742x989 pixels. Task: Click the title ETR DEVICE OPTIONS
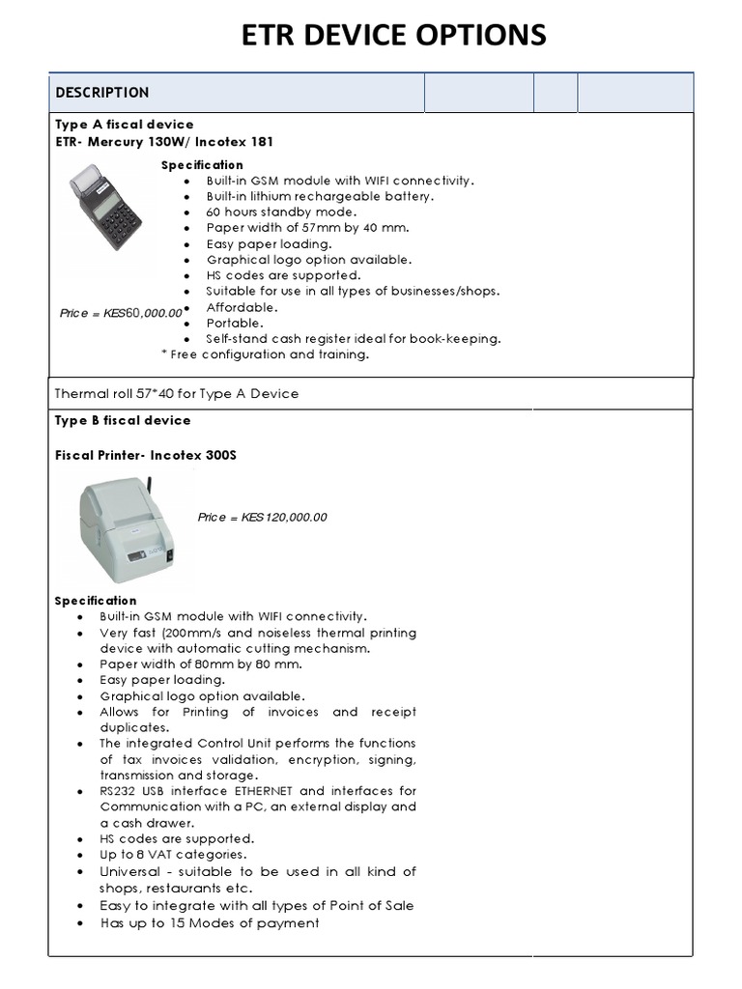393,35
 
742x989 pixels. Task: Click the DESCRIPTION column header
102,93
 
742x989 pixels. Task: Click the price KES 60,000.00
121,313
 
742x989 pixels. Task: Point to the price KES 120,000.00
262,518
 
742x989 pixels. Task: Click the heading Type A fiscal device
124,125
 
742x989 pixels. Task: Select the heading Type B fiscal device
123,421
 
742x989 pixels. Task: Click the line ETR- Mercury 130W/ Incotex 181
164,142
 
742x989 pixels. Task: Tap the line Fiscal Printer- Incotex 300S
146,456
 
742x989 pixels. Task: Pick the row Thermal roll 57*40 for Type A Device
177,394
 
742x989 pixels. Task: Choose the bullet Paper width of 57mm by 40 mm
307,228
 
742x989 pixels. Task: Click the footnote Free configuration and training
269,354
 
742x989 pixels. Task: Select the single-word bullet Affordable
242,307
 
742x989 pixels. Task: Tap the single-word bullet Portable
234,324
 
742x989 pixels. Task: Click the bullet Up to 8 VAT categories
173,855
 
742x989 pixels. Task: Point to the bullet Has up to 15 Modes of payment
210,923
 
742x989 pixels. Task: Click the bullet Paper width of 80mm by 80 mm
201,664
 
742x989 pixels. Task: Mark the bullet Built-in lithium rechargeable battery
320,197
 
